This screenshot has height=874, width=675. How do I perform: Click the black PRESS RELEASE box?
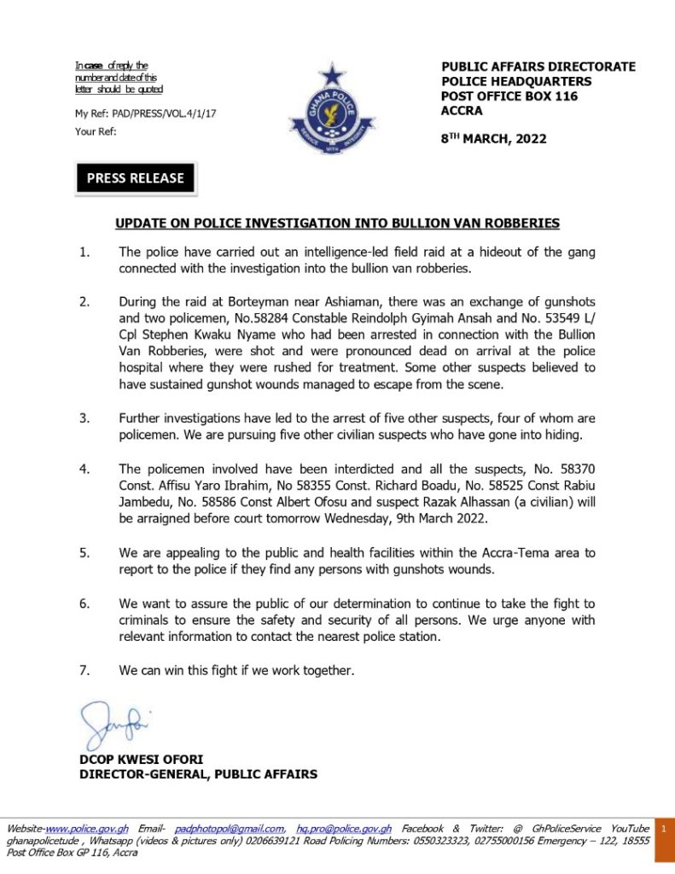136,178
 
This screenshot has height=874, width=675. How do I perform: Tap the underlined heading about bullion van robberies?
337,224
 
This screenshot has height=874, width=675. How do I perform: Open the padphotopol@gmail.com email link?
230,829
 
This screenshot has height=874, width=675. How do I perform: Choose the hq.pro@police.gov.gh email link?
344,829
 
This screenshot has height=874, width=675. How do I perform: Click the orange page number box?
663,828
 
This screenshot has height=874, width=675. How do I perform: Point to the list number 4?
84,469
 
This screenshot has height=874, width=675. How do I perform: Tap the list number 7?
84,670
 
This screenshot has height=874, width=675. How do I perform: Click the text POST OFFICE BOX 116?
509,96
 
